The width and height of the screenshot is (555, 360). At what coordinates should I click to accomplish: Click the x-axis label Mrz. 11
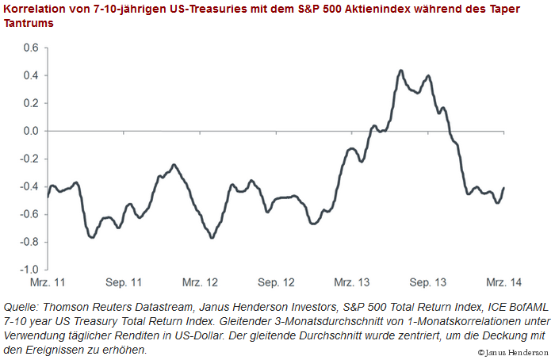tap(48, 282)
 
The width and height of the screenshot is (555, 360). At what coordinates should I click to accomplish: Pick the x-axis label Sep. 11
tap(124, 282)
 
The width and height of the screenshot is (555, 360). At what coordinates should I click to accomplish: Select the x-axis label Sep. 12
tap(277, 282)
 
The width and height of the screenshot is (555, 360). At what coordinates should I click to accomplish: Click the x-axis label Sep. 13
tap(429, 282)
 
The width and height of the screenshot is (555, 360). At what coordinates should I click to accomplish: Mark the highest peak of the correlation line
tap(400, 71)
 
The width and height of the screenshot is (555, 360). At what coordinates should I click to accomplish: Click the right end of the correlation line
tap(503, 188)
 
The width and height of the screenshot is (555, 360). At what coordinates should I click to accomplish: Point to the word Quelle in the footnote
tap(21, 307)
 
